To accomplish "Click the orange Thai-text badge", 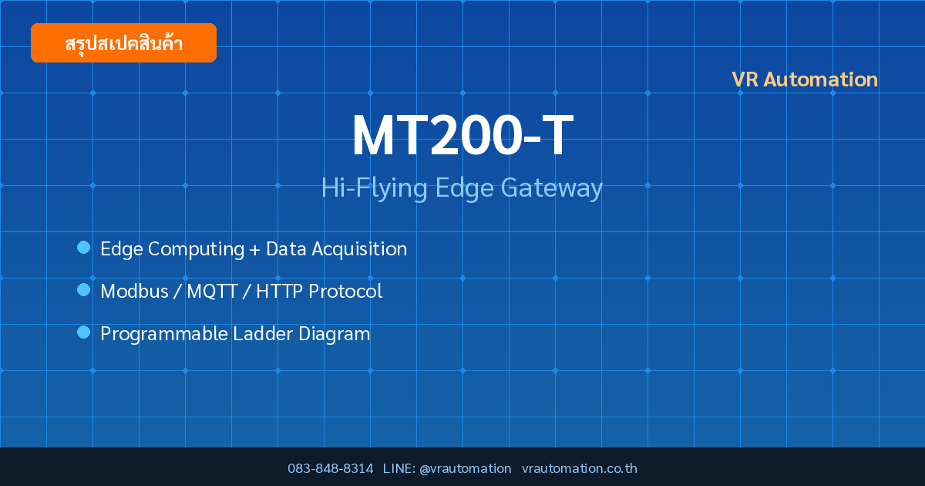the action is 123,42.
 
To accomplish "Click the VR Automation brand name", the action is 805,79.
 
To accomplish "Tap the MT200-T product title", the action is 462,135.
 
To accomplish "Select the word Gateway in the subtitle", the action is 552,188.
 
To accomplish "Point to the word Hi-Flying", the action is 374,188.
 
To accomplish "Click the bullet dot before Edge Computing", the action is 83,248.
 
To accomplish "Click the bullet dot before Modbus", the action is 83,290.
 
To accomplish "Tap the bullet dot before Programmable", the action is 83,332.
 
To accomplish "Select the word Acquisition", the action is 359,248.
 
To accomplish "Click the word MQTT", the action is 212,291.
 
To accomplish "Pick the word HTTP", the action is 280,291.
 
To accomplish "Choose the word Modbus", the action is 135,291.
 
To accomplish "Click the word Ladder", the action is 263,333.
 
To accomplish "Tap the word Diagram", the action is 334,334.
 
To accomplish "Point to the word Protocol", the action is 345,291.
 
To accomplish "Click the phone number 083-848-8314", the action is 331,468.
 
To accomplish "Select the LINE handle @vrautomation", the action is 466,469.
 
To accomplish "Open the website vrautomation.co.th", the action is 580,468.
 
